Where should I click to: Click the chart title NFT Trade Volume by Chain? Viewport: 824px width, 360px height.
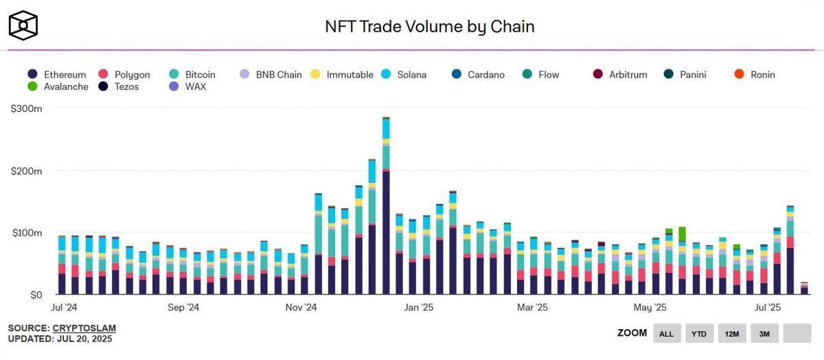429,27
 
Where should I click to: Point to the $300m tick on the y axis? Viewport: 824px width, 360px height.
26,109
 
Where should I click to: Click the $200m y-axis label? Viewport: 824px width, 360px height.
26,170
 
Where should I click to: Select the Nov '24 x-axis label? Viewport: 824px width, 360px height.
301,308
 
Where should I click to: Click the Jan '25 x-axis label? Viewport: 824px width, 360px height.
418,308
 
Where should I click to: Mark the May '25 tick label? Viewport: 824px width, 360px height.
650,308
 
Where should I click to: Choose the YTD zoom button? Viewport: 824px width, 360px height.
699,333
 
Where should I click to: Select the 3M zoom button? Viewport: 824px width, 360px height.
764,333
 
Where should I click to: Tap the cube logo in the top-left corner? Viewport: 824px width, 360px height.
23,25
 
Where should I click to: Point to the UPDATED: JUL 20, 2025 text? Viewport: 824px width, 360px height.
60,339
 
